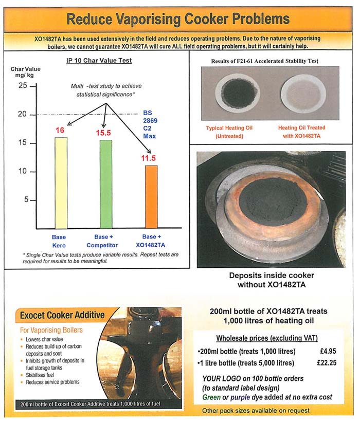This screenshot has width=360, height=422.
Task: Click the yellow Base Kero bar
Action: click(60, 182)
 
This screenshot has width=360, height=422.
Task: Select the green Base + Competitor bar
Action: click(106, 184)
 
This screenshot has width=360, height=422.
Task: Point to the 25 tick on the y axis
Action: click(23, 86)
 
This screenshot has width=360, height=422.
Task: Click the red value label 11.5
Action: click(149, 158)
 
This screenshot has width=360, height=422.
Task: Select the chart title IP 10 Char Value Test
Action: click(99, 61)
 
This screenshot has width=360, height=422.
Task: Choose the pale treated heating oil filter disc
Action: click(302, 92)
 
